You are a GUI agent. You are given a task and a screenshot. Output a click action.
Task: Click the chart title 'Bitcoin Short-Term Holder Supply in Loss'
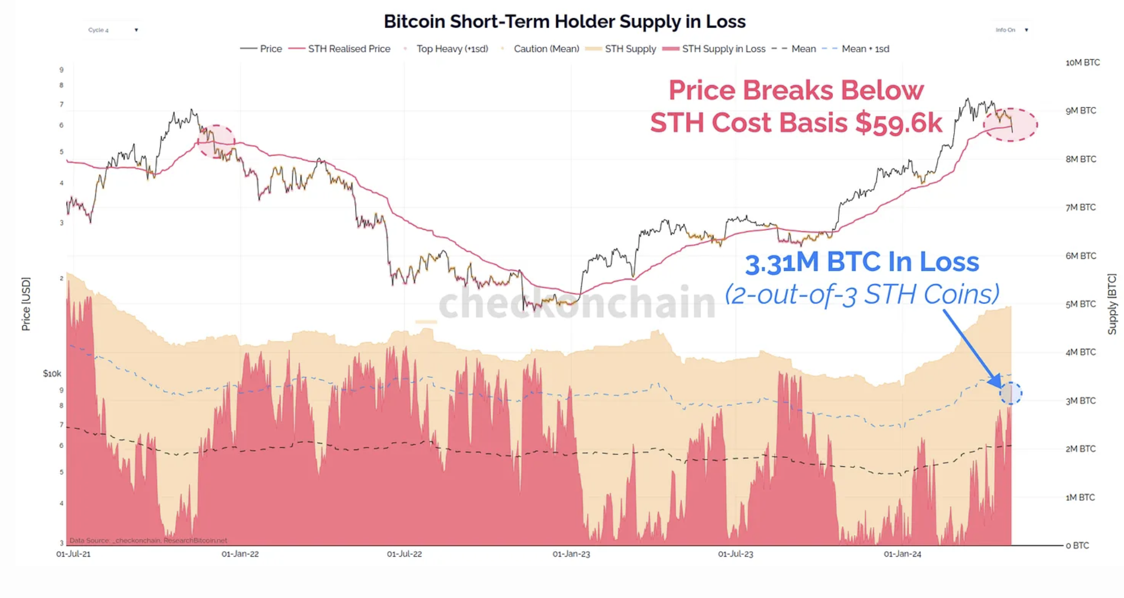pos(564,22)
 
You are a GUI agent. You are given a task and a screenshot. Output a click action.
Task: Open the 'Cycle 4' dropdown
pos(113,30)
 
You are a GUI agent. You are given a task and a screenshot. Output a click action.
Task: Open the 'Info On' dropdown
pos(1012,30)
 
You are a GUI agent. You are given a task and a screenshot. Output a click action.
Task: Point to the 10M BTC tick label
pos(1082,62)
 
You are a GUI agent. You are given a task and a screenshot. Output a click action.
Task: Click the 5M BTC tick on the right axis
pos(1080,304)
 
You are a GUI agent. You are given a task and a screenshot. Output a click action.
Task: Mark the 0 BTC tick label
pos(1077,546)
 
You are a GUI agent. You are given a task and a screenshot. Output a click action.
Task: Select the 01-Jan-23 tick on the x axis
pos(571,554)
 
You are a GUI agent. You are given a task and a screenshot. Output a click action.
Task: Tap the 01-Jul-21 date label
pos(73,554)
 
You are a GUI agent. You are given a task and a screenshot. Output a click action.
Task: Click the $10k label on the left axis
pos(52,374)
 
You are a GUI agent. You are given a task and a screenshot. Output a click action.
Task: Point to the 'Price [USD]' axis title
pos(26,304)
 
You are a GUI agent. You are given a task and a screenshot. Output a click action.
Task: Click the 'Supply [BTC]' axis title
pos(1112,304)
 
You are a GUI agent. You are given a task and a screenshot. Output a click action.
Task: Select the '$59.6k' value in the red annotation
pos(899,123)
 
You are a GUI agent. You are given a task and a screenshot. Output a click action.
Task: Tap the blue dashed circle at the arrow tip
pos(1010,393)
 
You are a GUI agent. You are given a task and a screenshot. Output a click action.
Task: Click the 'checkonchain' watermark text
pos(576,303)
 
